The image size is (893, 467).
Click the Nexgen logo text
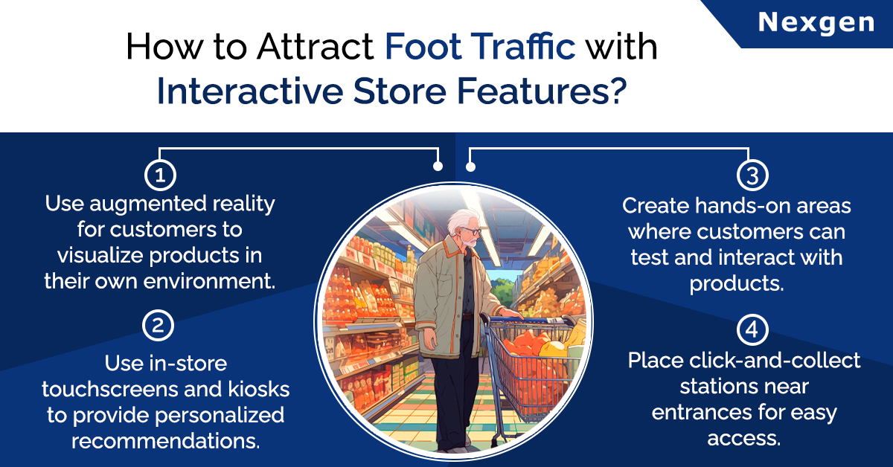pyautogui.click(x=816, y=23)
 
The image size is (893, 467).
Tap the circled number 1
pyautogui.click(x=160, y=175)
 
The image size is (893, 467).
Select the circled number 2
pyautogui.click(x=159, y=326)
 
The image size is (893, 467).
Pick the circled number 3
pyautogui.click(x=752, y=175)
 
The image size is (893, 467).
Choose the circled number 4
pyautogui.click(x=752, y=329)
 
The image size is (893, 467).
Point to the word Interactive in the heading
pyautogui.click(x=250, y=91)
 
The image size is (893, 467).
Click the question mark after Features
pyautogui.click(x=618, y=91)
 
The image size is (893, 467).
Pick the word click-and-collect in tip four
pyautogui.click(x=774, y=360)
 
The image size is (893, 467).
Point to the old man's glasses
pyautogui.click(x=471, y=231)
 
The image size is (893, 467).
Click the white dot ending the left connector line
pyautogui.click(x=438, y=166)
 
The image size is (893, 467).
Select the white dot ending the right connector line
pyautogui.click(x=470, y=167)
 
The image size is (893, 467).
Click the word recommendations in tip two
pyautogui.click(x=166, y=441)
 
